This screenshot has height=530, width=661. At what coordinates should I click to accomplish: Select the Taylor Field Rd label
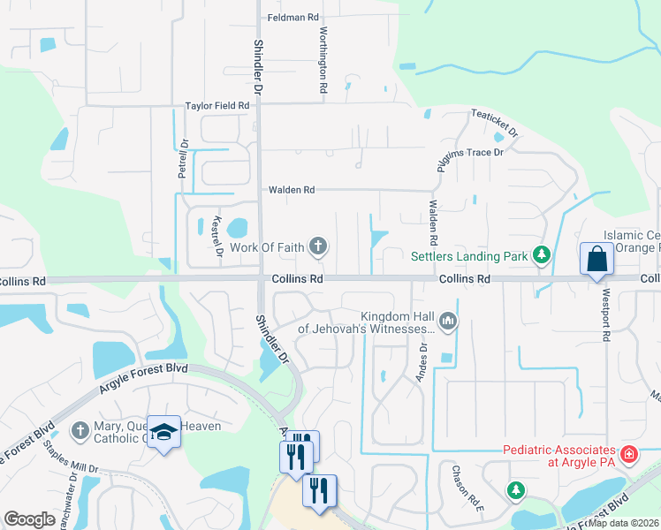[217, 105]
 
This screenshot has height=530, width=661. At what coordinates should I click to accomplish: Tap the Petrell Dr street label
[183, 159]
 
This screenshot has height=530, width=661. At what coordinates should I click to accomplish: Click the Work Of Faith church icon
[318, 246]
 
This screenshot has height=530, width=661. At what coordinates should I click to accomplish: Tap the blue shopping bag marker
[597, 260]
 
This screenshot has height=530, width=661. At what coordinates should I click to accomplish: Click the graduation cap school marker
[164, 432]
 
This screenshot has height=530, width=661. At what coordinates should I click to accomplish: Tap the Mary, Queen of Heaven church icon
[80, 430]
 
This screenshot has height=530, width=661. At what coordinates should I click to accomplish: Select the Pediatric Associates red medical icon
[629, 455]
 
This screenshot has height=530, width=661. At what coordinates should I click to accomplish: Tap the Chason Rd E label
[467, 488]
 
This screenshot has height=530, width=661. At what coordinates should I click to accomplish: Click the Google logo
[29, 519]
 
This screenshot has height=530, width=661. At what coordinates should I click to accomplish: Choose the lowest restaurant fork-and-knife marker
[319, 489]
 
